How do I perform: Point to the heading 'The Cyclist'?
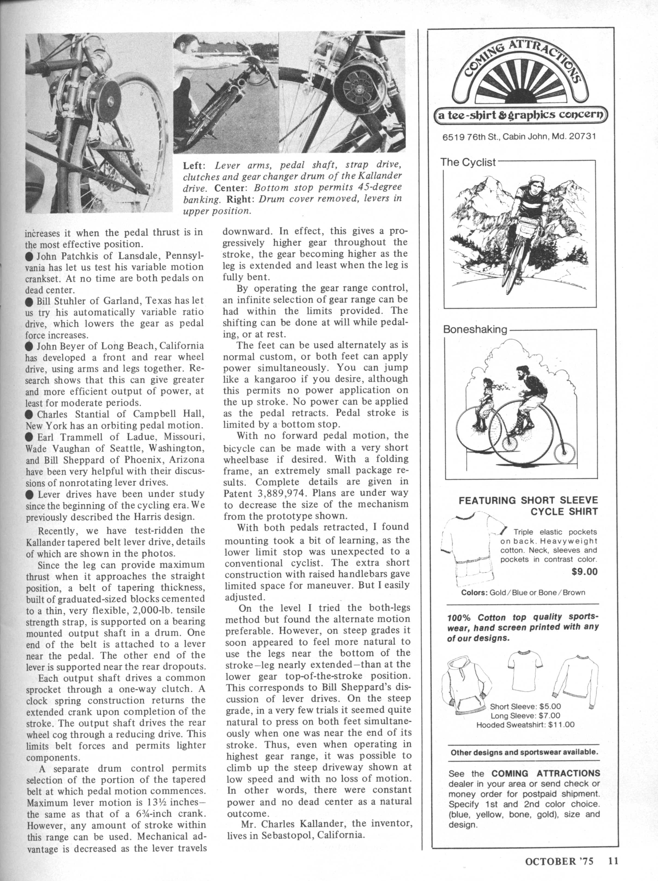pos(468,163)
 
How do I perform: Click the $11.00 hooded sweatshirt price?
pos(561,724)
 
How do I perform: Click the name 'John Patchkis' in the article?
pos(66,255)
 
